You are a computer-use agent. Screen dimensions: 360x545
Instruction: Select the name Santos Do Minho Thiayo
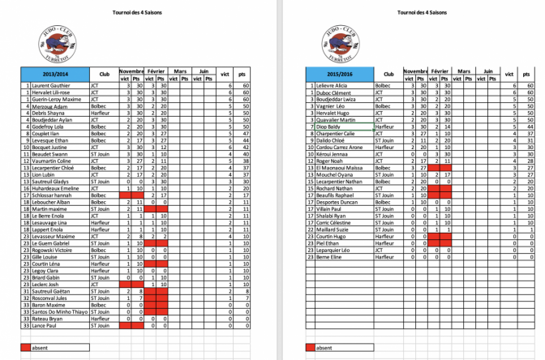click(x=59, y=312)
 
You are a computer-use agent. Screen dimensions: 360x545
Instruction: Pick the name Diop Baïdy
click(x=328, y=126)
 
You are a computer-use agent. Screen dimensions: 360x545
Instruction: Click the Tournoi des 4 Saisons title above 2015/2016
click(x=422, y=13)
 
